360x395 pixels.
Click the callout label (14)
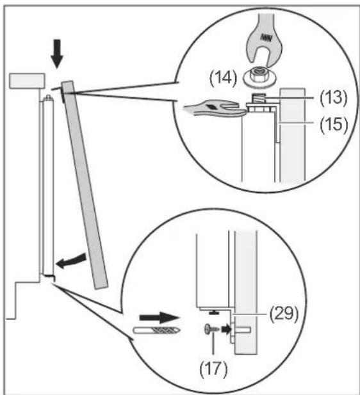223,78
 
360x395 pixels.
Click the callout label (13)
333,98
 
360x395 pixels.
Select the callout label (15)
334,124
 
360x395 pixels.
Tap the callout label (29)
284,314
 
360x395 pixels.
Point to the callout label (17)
213,369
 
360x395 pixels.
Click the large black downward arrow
57,54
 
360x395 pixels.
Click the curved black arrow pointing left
71,261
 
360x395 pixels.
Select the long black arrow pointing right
160,318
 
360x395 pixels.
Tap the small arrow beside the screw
226,329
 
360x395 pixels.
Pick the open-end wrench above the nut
265,40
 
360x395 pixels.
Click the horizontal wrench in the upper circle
215,108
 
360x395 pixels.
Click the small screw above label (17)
211,329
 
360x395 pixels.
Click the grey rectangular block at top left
28,81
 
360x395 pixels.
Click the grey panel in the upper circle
293,135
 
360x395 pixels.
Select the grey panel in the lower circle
246,292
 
